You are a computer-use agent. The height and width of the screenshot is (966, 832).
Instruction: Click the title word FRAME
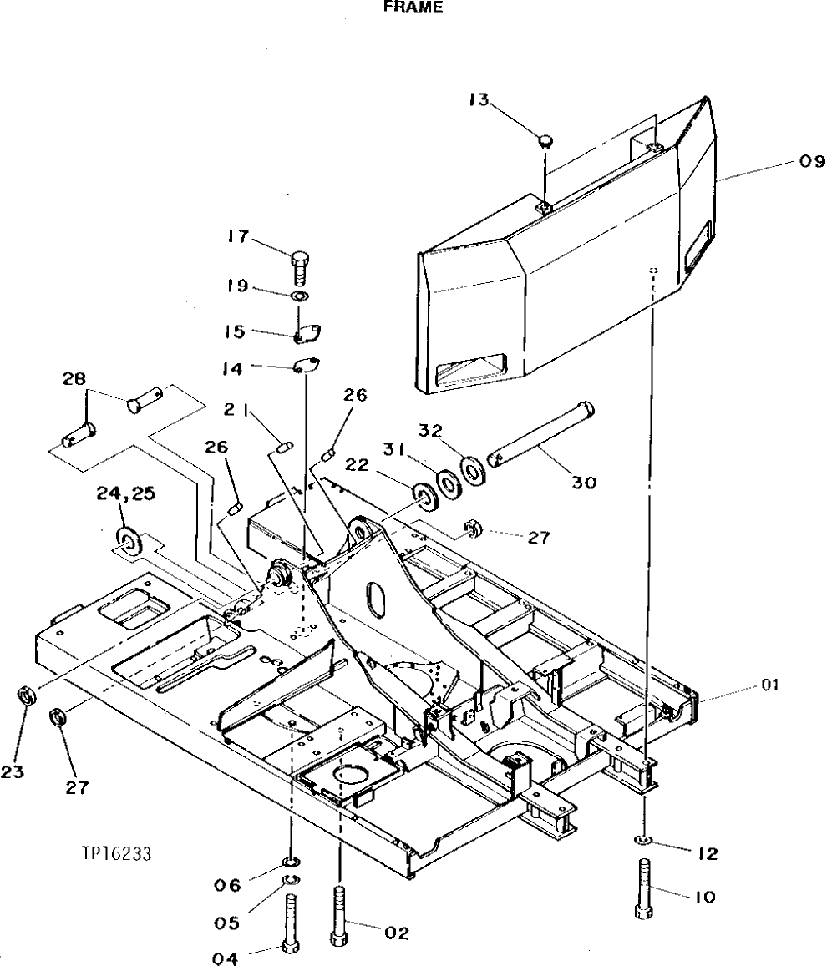pyautogui.click(x=413, y=8)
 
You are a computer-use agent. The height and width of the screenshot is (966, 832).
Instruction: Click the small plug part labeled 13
pyautogui.click(x=545, y=139)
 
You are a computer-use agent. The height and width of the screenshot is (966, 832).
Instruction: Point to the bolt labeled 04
pyautogui.click(x=291, y=923)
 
